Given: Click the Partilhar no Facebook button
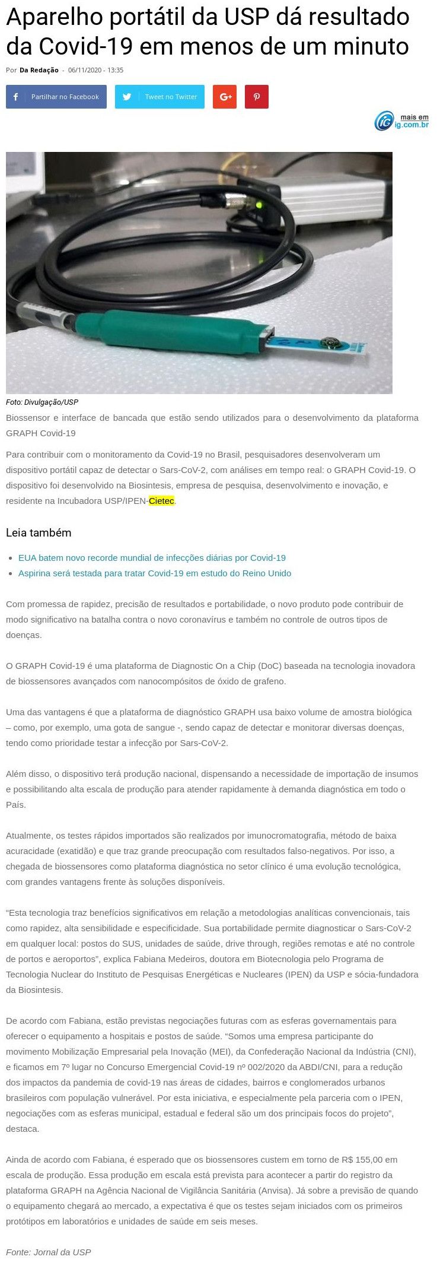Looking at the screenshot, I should (x=56, y=97).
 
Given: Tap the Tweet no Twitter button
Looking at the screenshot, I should (x=160, y=97).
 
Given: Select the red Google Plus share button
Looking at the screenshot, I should (x=225, y=97).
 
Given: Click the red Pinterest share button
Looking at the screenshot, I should (x=257, y=97).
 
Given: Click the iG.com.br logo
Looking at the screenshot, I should (x=401, y=121).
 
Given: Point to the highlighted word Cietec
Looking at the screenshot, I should (x=161, y=501).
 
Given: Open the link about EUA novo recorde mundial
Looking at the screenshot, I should (x=152, y=558).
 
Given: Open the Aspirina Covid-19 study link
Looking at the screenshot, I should (x=155, y=573).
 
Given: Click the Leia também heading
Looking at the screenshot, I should (x=39, y=533).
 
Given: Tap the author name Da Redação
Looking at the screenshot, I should (x=39, y=70).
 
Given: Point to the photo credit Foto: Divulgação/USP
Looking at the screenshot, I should (x=42, y=402).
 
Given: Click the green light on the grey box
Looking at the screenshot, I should (x=259, y=207).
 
